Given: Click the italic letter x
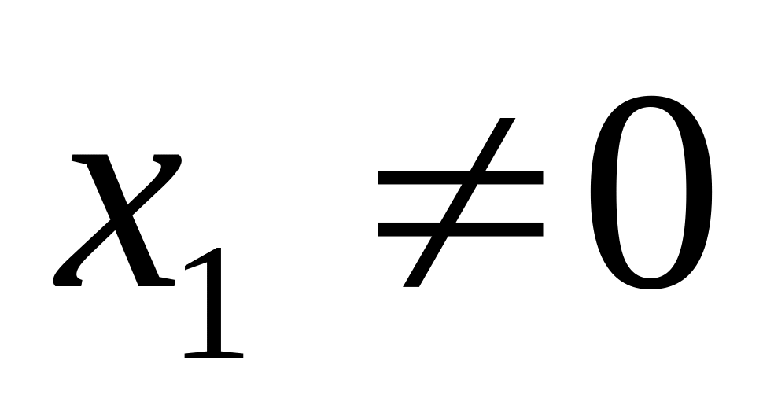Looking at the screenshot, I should click(x=118, y=220).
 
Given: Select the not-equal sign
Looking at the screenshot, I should click(x=460, y=203).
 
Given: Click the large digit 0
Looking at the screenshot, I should click(x=651, y=193).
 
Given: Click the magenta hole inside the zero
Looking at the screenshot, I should click(x=651, y=193).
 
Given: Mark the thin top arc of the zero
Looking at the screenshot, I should click(x=651, y=101).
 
